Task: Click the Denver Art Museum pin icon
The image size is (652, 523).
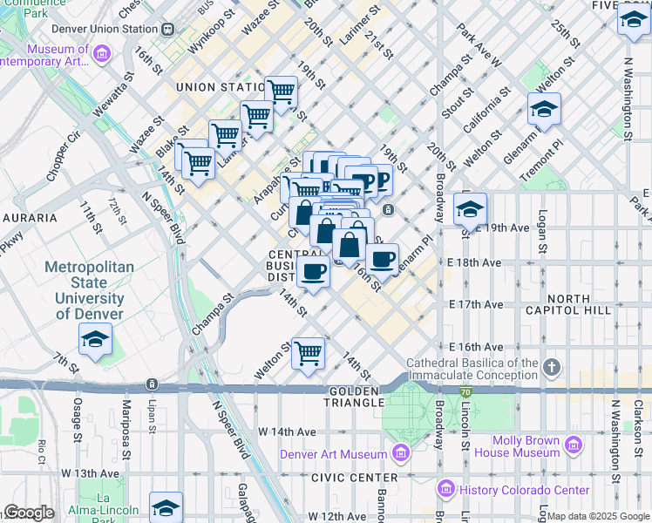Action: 400,453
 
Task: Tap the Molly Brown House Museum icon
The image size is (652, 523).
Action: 573,446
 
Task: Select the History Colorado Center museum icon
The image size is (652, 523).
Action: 447,490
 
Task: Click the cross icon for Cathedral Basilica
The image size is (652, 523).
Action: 551,368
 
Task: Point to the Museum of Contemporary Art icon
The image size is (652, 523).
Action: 102,55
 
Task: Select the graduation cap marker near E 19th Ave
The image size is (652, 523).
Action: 470,210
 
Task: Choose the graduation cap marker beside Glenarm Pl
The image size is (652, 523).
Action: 544,110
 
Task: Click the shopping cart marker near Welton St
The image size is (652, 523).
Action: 308,353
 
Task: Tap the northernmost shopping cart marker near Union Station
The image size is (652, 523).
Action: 281,92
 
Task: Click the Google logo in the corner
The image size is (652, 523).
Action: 29,513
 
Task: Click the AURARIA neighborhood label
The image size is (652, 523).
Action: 29,217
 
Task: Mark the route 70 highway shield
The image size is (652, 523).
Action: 466,394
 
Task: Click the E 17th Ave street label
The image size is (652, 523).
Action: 476,304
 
